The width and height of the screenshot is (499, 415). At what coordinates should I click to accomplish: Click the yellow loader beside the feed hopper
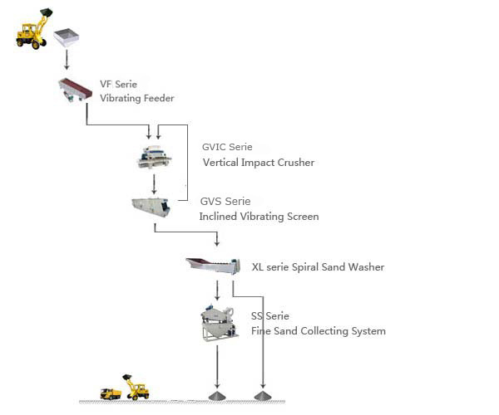pyautogui.click(x=32, y=28)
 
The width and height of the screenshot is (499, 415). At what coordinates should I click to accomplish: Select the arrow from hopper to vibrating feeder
pyautogui.click(x=67, y=61)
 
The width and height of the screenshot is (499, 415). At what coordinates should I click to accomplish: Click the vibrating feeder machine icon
pyautogui.click(x=74, y=90)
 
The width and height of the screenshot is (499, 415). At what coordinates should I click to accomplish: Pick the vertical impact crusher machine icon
pyautogui.click(x=154, y=155)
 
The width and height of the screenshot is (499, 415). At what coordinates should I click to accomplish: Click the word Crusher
pyautogui.click(x=297, y=163)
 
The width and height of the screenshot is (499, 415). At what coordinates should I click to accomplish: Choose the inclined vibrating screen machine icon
pyautogui.click(x=151, y=206)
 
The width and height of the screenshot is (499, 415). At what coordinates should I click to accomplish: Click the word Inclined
pyautogui.click(x=218, y=217)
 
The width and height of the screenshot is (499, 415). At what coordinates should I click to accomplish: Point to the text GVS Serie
pyautogui.click(x=225, y=202)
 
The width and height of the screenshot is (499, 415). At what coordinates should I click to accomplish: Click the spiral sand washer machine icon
pyautogui.click(x=213, y=266)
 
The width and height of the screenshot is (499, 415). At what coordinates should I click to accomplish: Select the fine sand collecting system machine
pyautogui.click(x=219, y=323)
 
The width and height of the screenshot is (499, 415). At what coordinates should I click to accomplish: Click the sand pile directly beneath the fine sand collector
pyautogui.click(x=217, y=393)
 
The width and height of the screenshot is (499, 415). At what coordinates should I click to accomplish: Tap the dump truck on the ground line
pyautogui.click(x=111, y=393)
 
